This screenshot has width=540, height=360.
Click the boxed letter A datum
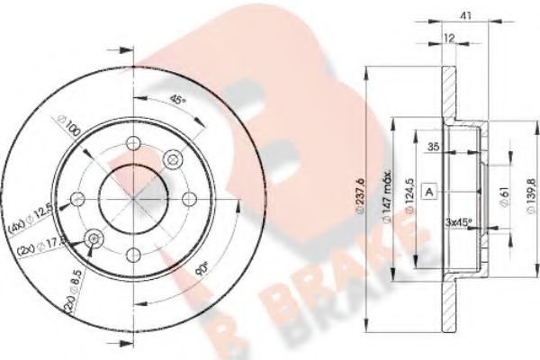coord(430,193)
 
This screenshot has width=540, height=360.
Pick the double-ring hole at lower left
coord(94,237)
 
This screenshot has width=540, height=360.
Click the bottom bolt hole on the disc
coord(132,252)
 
